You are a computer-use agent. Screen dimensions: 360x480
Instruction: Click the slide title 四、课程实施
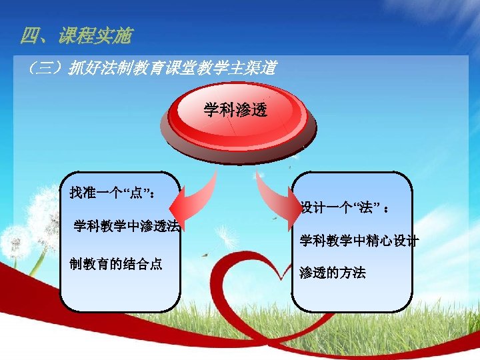click(76, 36)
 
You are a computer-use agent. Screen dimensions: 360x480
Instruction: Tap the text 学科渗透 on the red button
click(235, 110)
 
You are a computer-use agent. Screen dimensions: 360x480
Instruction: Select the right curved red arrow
click(273, 197)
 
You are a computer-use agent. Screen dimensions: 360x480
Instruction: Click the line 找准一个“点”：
click(113, 193)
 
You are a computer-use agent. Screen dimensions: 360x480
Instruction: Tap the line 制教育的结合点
click(116, 263)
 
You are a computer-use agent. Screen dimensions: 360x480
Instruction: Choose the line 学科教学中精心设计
click(359, 241)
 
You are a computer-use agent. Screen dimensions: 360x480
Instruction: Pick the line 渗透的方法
click(332, 273)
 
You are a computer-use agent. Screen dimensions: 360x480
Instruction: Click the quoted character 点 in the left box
click(137, 193)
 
